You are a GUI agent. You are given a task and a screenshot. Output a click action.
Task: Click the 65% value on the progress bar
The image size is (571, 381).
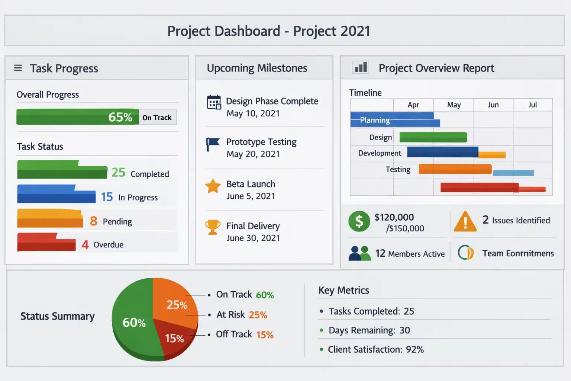point(120,117)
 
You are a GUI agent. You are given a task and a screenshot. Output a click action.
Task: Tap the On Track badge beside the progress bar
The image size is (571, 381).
point(157,118)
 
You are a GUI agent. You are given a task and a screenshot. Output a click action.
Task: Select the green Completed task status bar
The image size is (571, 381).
point(62,170)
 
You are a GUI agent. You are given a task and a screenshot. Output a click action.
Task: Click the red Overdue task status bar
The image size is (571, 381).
point(46,243)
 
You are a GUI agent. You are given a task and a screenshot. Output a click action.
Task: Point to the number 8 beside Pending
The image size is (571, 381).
point(94,221)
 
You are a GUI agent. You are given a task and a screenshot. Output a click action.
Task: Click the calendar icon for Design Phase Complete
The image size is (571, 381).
point(214,102)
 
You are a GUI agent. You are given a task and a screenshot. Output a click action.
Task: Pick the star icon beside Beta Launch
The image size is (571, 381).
point(213,186)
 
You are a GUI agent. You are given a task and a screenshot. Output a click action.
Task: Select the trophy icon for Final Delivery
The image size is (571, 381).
point(213,227)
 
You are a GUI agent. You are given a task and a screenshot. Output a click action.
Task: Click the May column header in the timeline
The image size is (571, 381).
point(454,105)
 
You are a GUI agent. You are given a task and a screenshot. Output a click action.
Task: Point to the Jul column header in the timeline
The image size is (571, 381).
point(532,105)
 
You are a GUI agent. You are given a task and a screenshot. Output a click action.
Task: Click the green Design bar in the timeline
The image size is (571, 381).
point(433,137)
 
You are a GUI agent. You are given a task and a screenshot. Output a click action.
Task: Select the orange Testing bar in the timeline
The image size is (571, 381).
point(455,169)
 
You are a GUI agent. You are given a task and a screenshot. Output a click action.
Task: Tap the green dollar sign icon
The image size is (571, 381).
point(359,221)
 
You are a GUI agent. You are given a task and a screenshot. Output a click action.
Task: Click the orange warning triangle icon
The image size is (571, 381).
point(465,221)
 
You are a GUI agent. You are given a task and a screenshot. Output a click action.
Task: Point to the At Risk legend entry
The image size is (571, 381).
point(242,315)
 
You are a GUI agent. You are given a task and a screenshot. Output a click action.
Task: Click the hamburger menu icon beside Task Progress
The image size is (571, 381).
point(18,68)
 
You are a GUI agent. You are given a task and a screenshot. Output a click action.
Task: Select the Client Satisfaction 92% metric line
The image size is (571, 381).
point(375,349)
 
